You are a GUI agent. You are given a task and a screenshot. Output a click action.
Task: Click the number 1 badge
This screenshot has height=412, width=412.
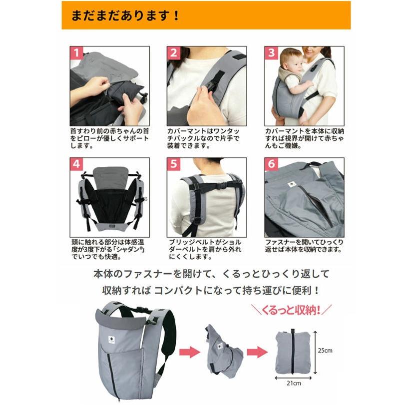[x=76, y=53]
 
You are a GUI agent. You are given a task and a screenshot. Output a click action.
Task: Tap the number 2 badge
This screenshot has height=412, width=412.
[x=173, y=53]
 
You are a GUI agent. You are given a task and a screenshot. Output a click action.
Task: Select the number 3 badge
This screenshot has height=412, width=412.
[x=271, y=53]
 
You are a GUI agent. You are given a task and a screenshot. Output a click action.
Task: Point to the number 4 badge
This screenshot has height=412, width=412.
[x=76, y=164]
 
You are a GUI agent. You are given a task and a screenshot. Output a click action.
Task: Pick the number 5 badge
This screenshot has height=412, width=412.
[x=173, y=164]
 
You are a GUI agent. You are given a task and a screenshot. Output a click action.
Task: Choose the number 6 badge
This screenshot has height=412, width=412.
[x=271, y=164]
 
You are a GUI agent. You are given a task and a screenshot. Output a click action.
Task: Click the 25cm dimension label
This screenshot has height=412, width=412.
[x=325, y=350]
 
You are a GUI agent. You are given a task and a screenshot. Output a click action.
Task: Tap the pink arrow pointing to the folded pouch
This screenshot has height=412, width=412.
[x=257, y=352]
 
